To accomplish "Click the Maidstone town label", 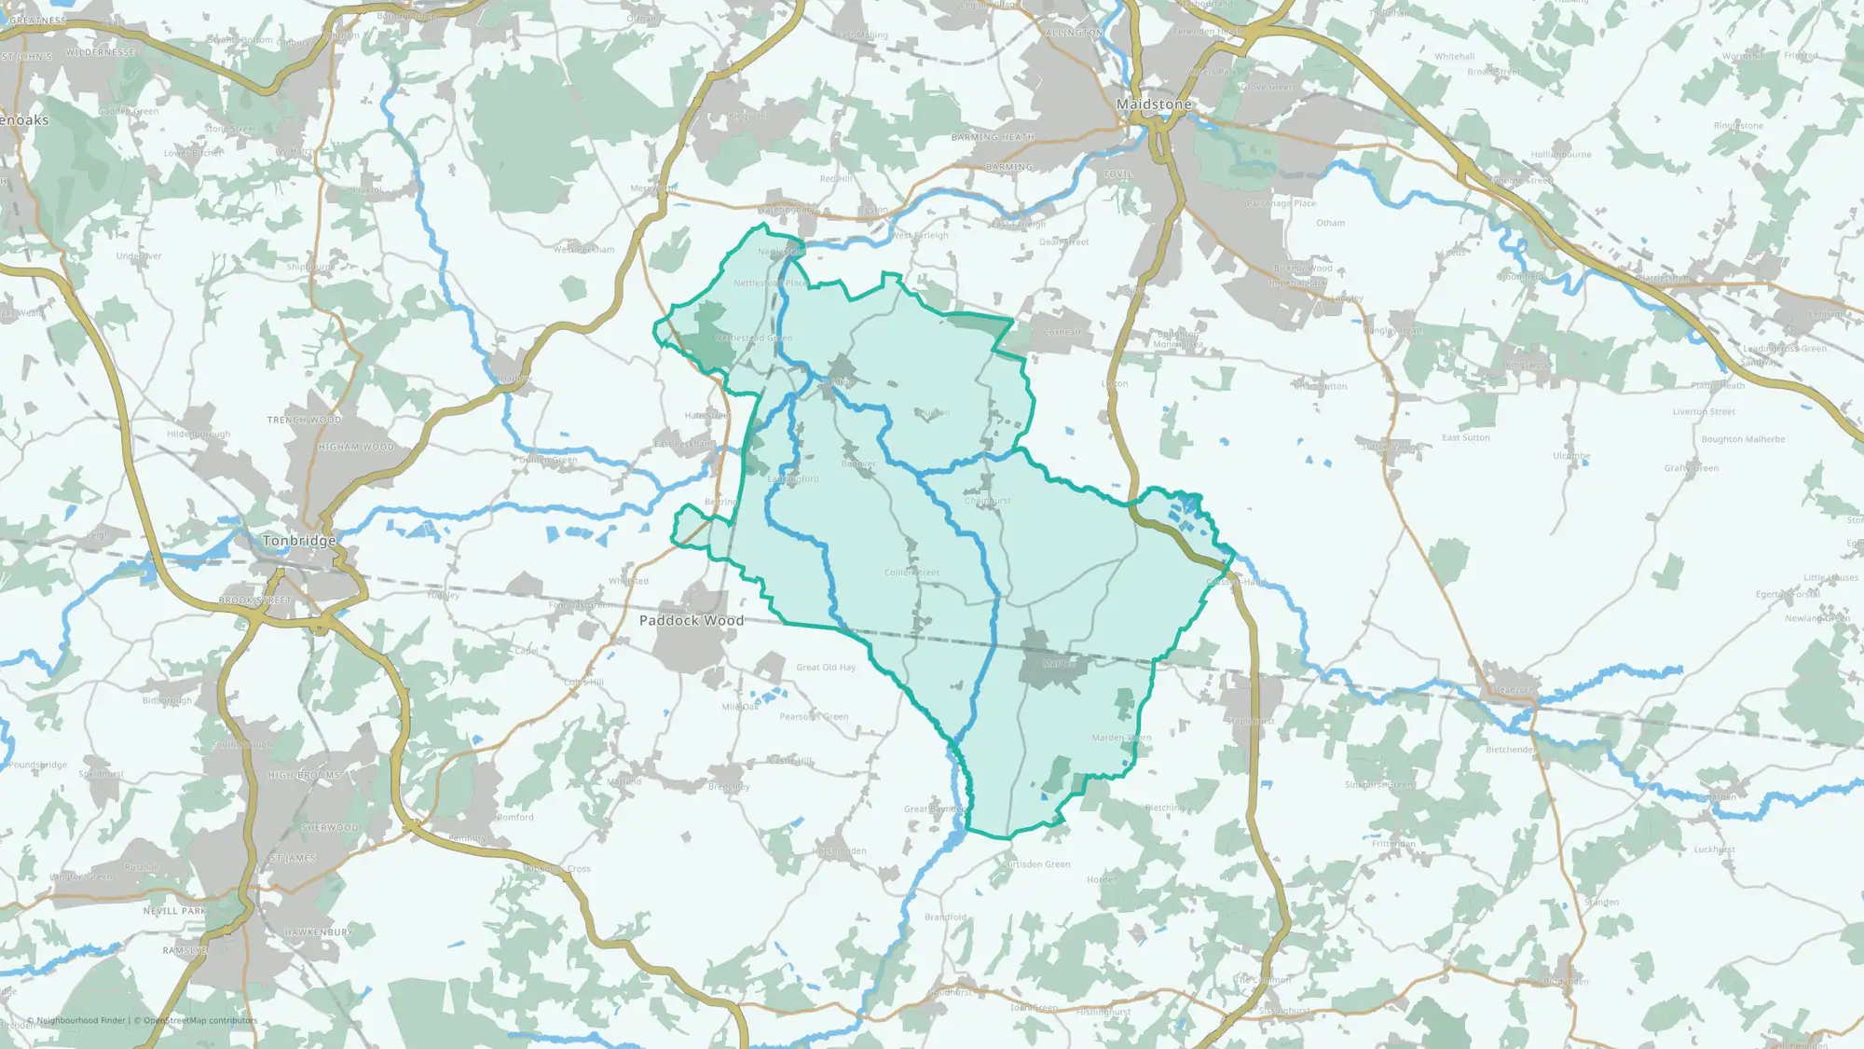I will click(x=1154, y=104).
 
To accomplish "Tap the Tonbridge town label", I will click(x=298, y=541).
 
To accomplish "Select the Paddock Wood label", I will click(x=692, y=620).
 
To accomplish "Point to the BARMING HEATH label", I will click(x=993, y=137).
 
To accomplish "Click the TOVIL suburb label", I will click(x=1117, y=174).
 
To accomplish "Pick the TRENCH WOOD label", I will click(x=305, y=420).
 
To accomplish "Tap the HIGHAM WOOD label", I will click(x=356, y=447).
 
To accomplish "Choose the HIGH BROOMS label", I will click(x=304, y=775).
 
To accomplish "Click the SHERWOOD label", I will click(x=329, y=827).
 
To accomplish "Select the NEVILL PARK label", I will click(x=175, y=911).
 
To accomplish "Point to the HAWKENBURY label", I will click(x=318, y=932).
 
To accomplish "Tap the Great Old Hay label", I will click(x=826, y=667).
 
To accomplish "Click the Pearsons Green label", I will click(x=814, y=716).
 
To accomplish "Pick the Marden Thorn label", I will click(x=1121, y=738).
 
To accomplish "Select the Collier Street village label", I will click(x=911, y=573).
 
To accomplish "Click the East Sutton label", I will click(x=1465, y=437).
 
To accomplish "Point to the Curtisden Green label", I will click(x=1035, y=864).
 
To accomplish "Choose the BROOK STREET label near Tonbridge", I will click(x=254, y=600).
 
